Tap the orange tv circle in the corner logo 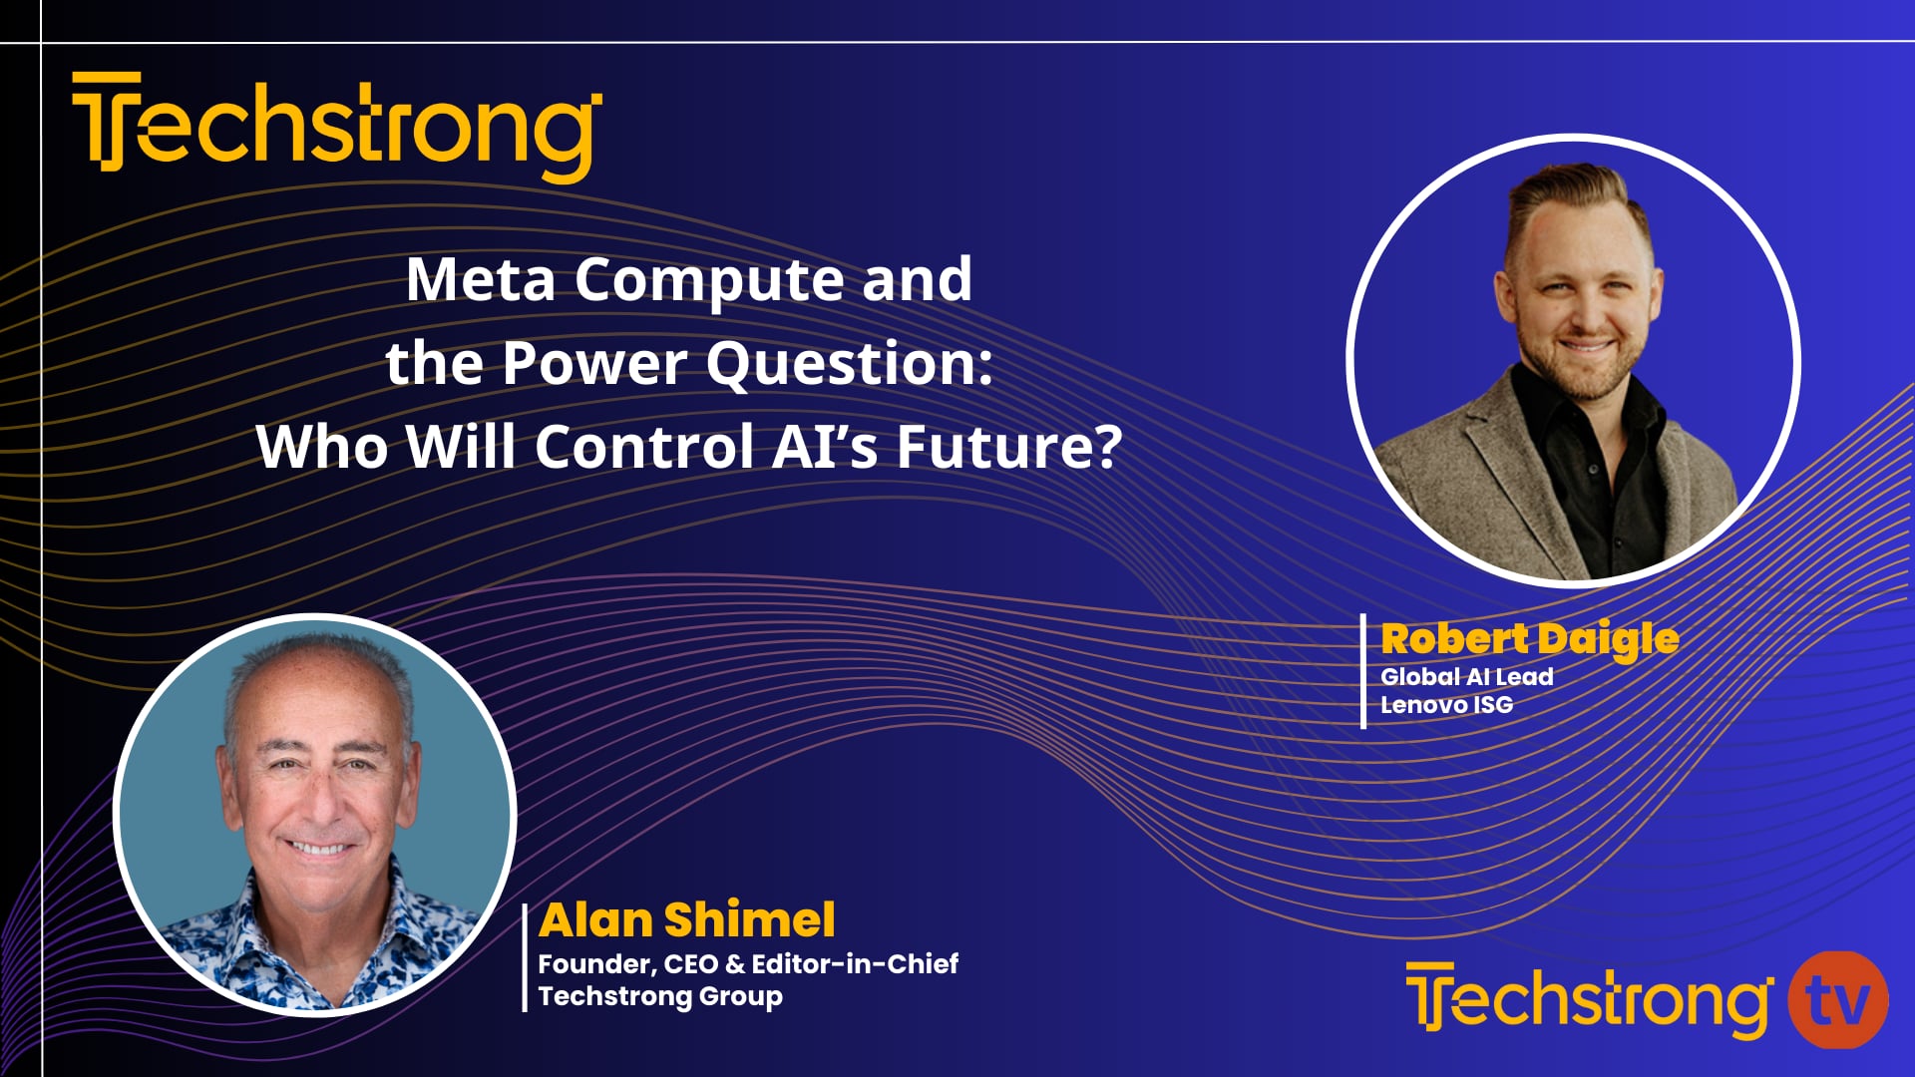coord(1837,1000)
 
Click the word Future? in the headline coord(1008,447)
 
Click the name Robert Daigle coord(1529,639)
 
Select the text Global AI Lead coord(1466,677)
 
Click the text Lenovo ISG coord(1446,705)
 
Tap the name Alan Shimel coord(686,919)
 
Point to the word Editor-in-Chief coord(855,964)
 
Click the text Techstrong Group coord(659,996)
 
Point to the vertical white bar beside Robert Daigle coord(1363,671)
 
